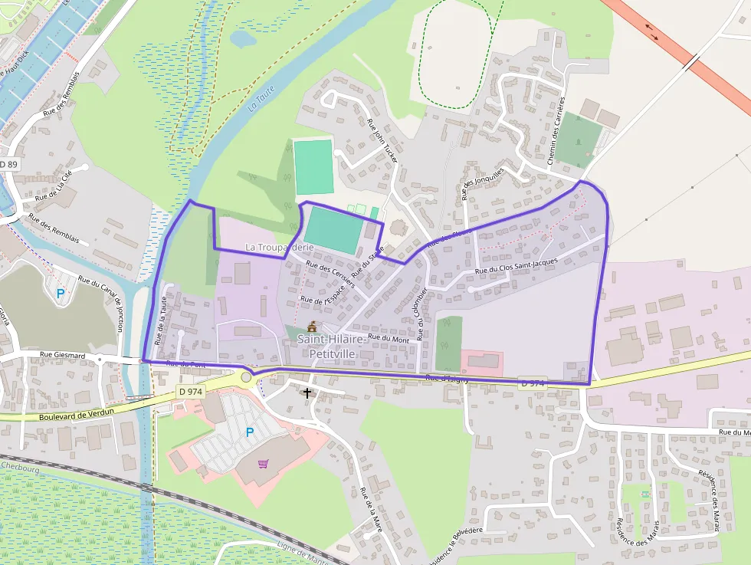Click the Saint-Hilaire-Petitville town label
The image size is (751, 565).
pyautogui.click(x=331, y=346)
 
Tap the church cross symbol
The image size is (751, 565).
pyautogui.click(x=307, y=393)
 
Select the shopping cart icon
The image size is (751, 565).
pyautogui.click(x=264, y=464)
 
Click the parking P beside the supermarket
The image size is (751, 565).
pyautogui.click(x=249, y=432)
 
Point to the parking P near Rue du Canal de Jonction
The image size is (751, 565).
pyautogui.click(x=61, y=293)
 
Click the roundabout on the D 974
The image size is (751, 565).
pyautogui.click(x=246, y=376)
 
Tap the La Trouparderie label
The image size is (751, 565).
pyautogui.click(x=280, y=248)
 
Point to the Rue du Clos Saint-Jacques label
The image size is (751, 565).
pyautogui.click(x=517, y=267)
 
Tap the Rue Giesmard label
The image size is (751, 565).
pyautogui.click(x=61, y=355)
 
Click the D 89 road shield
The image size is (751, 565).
pyautogui.click(x=8, y=165)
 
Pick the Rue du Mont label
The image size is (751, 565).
pyautogui.click(x=389, y=337)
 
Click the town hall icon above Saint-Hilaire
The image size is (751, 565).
pyautogui.click(x=312, y=326)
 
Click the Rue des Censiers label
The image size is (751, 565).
pyautogui.click(x=330, y=274)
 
